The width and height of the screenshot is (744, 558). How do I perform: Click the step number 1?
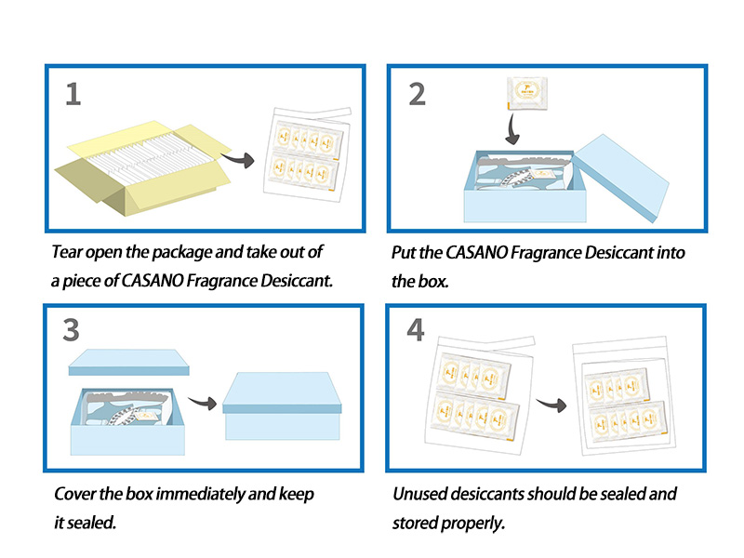(73, 93)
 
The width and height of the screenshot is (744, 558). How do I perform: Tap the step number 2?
(418, 93)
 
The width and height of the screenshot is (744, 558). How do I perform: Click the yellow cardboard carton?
(139, 167)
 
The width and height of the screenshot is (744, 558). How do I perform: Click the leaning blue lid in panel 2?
(621, 177)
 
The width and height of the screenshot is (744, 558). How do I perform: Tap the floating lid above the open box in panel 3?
(129, 363)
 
